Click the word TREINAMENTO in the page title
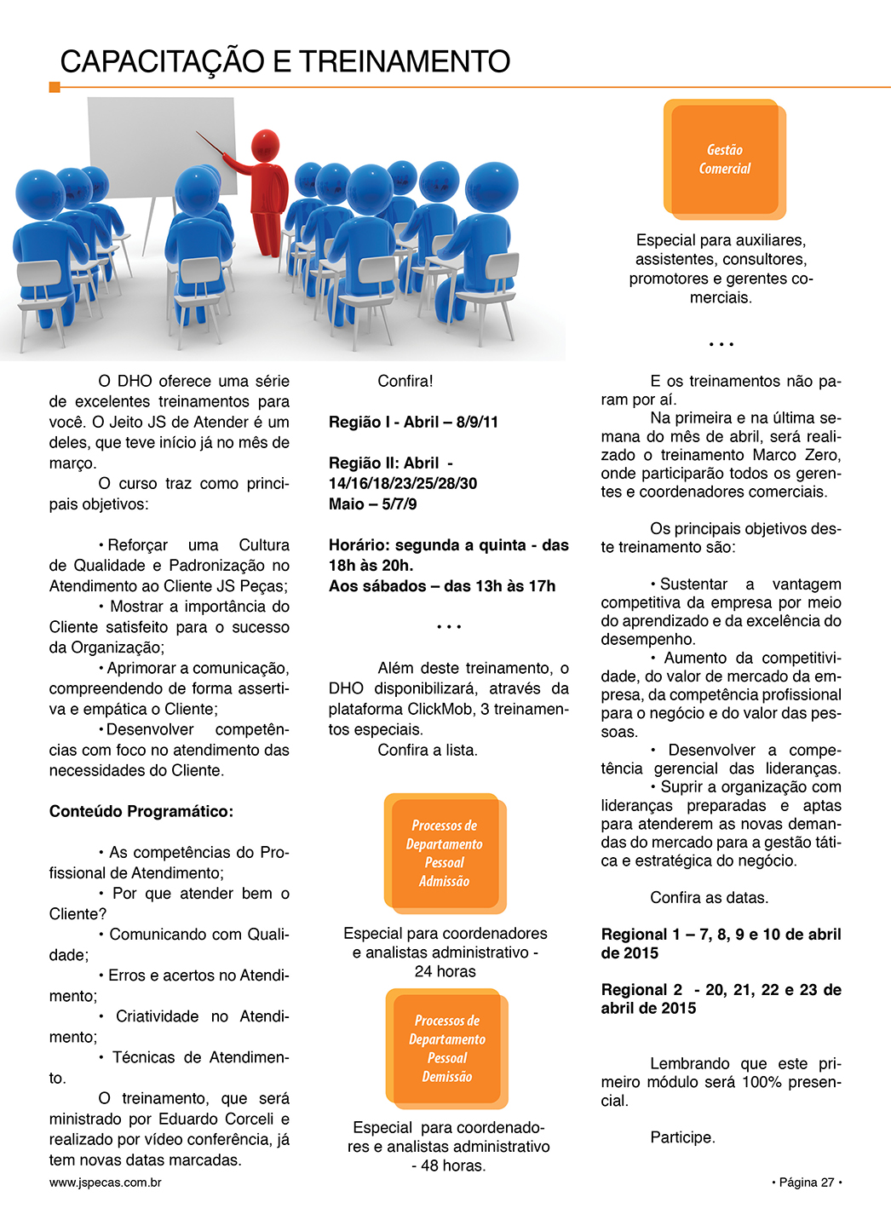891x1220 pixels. tap(405, 62)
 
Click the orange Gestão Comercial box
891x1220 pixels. tap(725, 159)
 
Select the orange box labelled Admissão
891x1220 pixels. tap(445, 854)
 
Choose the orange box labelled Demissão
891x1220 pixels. tap(447, 1049)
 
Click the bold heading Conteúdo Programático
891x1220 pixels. tap(141, 811)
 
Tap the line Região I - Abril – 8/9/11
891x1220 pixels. tap(413, 423)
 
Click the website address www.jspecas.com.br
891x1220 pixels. tap(106, 1183)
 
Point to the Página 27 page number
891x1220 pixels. tap(806, 1183)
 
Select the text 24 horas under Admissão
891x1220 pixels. tap(445, 972)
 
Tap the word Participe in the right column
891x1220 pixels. tap(682, 1137)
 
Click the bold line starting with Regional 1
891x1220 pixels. tap(721, 935)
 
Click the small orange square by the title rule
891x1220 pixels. tap(55, 87)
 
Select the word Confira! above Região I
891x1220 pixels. tap(405, 382)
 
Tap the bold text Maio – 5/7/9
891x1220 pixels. tap(372, 504)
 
